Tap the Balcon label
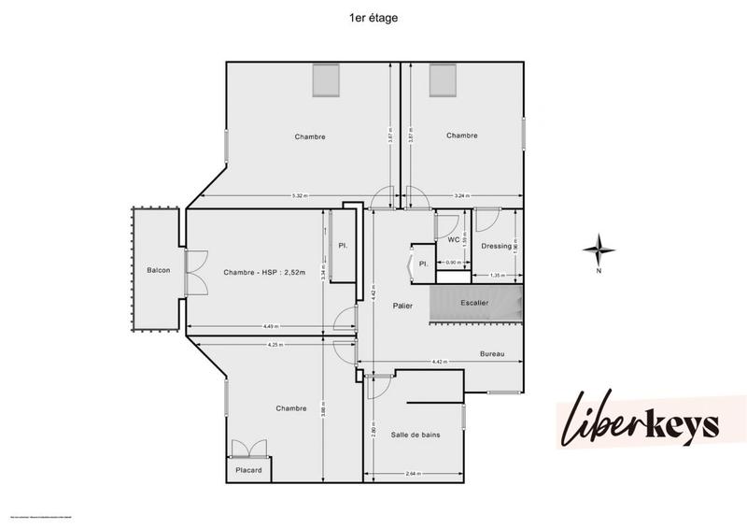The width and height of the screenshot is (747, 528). (158, 271)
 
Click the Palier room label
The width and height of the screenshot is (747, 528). (402, 306)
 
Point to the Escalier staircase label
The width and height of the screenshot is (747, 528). (474, 303)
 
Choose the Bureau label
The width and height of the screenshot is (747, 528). (492, 354)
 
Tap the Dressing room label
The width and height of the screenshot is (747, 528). (496, 246)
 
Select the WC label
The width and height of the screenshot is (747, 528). (455, 239)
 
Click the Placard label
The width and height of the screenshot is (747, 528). (248, 470)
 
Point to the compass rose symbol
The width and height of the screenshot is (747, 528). (598, 250)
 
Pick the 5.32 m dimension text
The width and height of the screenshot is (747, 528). (300, 195)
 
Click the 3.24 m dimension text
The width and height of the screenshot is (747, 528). (460, 195)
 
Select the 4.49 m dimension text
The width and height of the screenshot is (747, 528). (272, 326)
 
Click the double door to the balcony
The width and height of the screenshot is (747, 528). (193, 271)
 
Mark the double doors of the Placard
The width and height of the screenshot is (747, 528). (248, 450)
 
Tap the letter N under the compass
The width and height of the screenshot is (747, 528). (598, 272)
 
